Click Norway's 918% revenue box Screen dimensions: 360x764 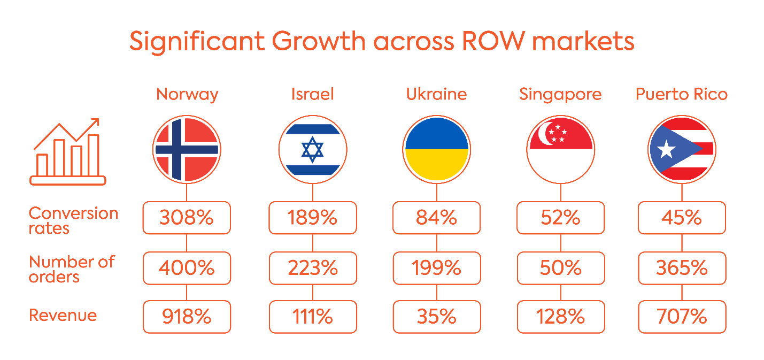pos(187,317)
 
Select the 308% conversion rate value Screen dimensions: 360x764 pos(187,218)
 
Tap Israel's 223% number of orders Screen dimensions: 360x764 pos(313,267)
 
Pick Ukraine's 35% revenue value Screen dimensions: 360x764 pos(437,317)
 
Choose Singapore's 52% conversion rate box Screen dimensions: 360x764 pos(560,218)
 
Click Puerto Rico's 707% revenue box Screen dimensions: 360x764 pos(682,317)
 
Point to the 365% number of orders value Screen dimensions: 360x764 pos(682,267)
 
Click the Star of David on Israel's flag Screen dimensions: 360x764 pos(313,149)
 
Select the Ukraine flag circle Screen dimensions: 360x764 pos(437,149)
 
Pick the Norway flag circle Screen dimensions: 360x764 pos(187,149)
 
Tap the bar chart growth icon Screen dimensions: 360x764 pos(68,152)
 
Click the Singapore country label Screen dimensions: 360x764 pos(560,95)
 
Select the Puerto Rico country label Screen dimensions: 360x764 pos(682,95)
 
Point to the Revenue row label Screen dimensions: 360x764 pos(63,315)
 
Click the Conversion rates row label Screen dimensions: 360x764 pos(73,220)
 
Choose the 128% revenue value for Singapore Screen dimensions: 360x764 pos(560,317)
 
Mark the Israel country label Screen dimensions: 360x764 pos(313,95)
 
